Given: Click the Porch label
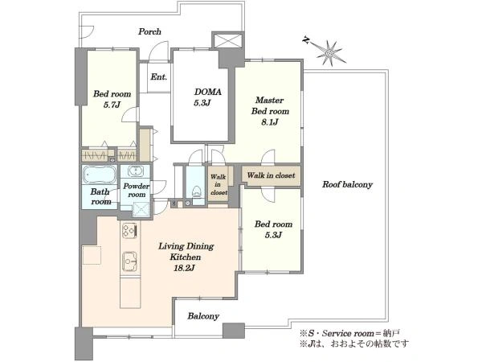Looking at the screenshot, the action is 149,31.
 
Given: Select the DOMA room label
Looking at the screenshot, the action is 208,92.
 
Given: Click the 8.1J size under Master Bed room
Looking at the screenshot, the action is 270,122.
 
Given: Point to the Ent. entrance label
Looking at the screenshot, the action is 158,76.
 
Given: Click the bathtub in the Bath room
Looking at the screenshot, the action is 100,175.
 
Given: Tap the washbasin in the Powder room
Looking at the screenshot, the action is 135,171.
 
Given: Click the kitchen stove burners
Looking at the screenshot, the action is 129,230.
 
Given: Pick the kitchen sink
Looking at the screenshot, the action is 129,261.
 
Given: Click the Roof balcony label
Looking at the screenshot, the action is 347,184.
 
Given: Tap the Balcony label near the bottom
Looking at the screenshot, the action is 203,316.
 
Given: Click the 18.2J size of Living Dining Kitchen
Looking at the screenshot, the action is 184,268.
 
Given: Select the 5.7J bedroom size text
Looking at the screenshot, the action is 112,105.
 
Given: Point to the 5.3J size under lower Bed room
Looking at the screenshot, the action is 273,235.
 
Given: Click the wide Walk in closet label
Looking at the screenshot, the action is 272,175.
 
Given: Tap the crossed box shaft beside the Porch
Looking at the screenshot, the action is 228,40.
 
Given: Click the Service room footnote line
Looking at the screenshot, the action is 349,333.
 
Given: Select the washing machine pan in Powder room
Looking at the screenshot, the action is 141,210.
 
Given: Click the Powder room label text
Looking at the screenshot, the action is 137,190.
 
